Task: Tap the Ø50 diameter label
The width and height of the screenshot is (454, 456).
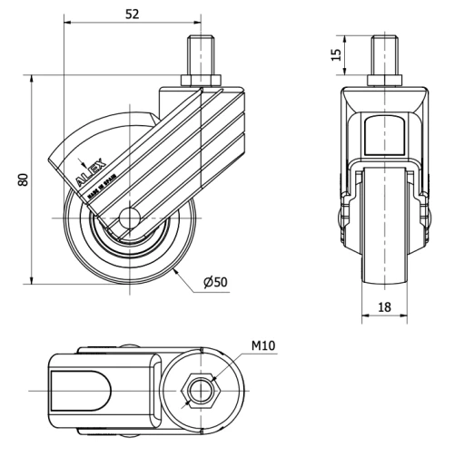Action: coord(215,283)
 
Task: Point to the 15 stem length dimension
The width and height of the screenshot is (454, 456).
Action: coord(336,55)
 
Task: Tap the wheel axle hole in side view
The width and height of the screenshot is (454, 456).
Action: coord(127,218)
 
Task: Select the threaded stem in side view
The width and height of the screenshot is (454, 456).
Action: coord(199,59)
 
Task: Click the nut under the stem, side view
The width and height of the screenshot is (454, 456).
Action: coord(201,85)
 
